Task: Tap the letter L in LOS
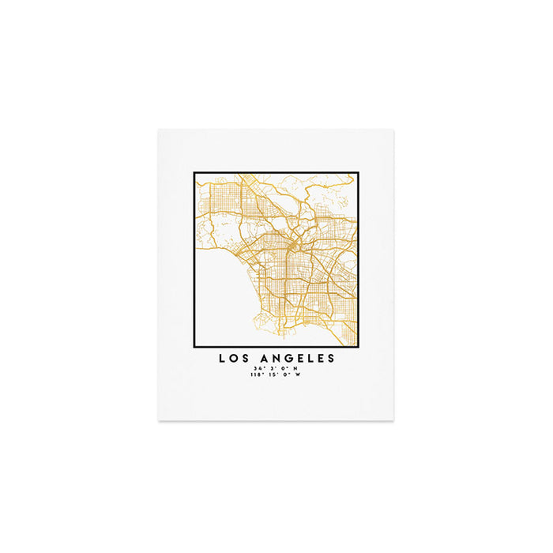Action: pos(222,359)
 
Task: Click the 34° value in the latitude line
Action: pos(258,369)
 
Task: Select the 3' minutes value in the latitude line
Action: pos(272,369)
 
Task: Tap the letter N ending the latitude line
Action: pos(295,369)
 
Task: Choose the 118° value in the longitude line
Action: pos(255,374)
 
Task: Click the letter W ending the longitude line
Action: pos(298,374)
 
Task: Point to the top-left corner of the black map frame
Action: pos(194,172)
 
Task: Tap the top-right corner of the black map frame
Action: pos(359,172)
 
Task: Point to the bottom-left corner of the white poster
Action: pos(159,419)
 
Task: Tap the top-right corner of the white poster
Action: pos(393,130)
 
